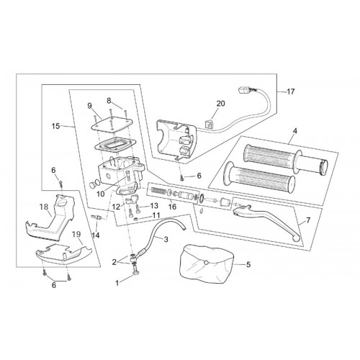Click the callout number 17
click(291, 91)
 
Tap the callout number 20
click(221, 104)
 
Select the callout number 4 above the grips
click(295, 131)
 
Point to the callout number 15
click(55, 126)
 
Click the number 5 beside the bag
click(248, 264)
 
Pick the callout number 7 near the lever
click(308, 220)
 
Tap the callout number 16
click(172, 207)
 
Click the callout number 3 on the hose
click(166, 239)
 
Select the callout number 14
click(96, 235)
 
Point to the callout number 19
click(76, 234)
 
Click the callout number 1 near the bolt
click(117, 283)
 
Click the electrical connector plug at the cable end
click(244, 91)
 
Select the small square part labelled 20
click(207, 124)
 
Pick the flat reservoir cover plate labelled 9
click(111, 125)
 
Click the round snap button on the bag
click(206, 263)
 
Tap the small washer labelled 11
click(136, 219)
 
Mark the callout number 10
click(101, 194)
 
